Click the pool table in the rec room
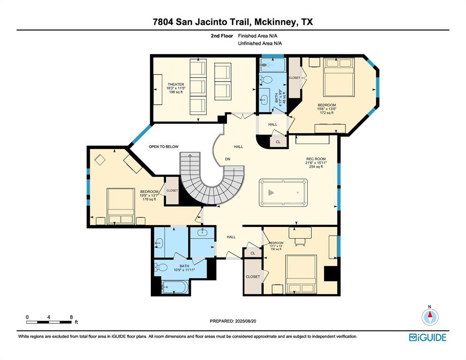coord(284,192)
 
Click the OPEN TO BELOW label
coord(164,147)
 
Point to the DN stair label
coord(228,159)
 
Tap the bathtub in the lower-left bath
coord(175,286)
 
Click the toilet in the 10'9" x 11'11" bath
coord(160,268)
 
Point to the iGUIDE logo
coord(427,337)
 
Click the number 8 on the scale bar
coord(70,317)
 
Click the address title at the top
coord(233,22)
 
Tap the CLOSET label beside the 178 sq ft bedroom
coord(172,191)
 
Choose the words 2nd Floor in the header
coord(222,36)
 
